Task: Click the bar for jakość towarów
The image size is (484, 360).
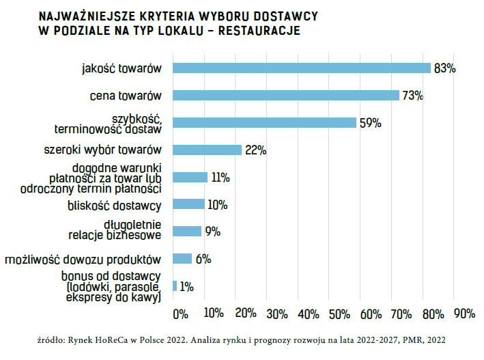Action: point(302,68)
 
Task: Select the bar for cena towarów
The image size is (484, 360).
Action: point(286,96)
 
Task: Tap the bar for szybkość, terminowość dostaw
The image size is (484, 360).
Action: point(265,123)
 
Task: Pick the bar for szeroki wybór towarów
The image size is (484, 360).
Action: point(208,150)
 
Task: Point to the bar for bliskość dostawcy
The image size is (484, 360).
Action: point(189,204)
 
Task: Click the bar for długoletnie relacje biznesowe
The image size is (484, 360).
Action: point(188,232)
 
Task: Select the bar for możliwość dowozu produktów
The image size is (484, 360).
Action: point(183,259)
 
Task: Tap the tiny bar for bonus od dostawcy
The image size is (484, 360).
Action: point(175,286)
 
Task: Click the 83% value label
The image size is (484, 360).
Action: point(444,68)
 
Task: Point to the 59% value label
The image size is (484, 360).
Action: point(370,123)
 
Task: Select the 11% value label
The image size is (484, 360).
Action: point(220,178)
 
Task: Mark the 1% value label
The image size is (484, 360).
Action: point(186,286)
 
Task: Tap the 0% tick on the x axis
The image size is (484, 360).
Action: point(180,314)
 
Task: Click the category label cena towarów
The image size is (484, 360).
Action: point(125,96)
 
